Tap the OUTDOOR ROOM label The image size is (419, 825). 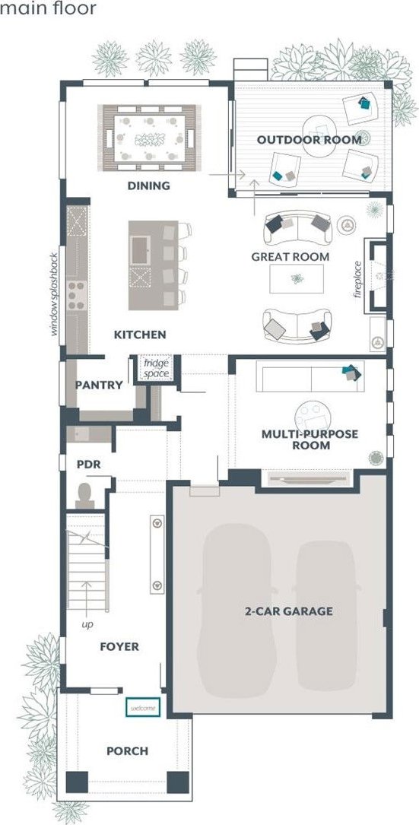point(309,140)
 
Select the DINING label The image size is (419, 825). point(149,186)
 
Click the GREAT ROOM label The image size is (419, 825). point(290,257)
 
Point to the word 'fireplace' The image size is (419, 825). point(358,279)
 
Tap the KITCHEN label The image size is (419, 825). point(140,335)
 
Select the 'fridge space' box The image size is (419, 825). point(157,368)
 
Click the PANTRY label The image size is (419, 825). point(99,386)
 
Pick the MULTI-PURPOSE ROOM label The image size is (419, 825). point(310,439)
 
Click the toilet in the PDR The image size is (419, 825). point(84,497)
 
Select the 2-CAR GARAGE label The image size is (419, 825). point(289,611)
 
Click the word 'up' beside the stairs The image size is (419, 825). point(87,625)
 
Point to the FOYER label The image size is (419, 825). point(119,646)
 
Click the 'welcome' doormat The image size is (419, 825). point(143,708)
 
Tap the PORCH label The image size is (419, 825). point(128,750)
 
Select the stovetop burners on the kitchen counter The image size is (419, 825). point(77,295)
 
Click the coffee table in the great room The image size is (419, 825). point(297,279)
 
